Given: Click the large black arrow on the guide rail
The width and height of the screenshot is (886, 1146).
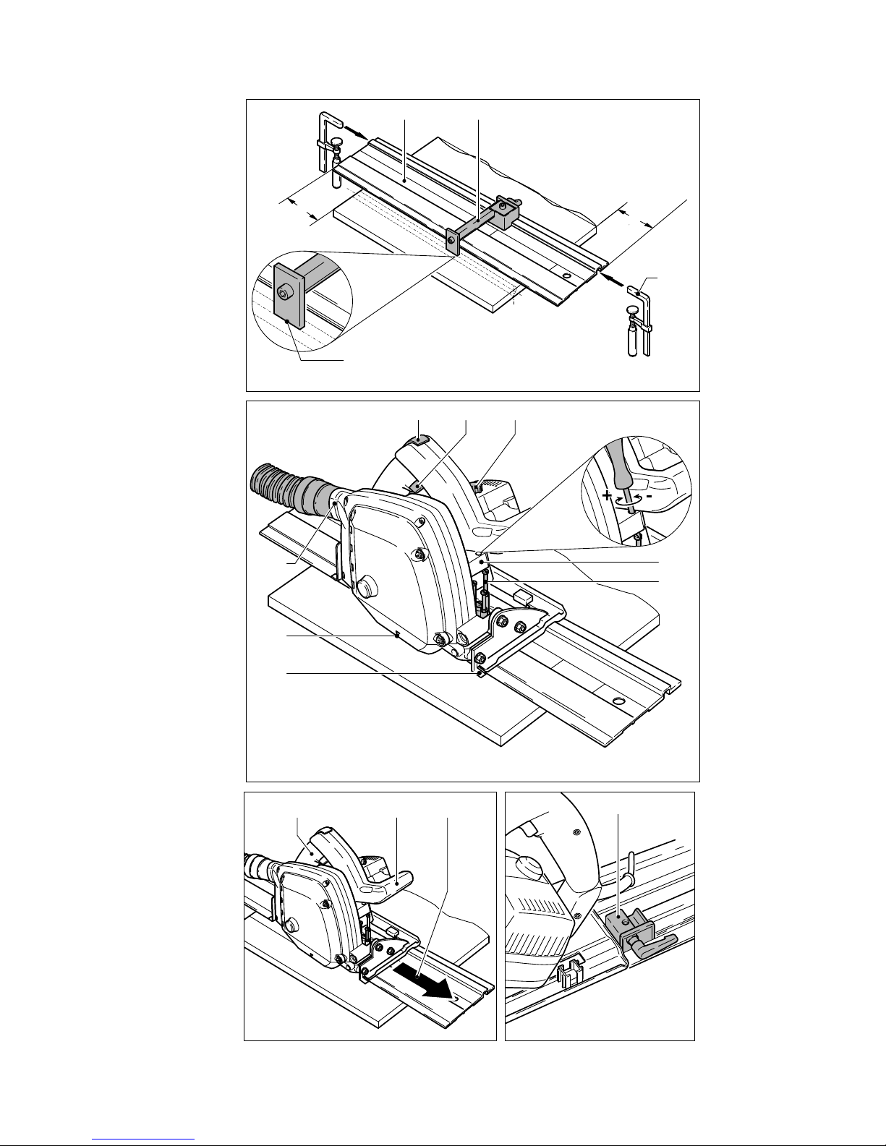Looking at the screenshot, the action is [x=427, y=982].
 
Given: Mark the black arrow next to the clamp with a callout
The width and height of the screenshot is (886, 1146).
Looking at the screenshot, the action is [x=610, y=278].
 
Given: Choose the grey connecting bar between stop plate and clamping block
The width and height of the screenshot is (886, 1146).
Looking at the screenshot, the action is [x=477, y=221].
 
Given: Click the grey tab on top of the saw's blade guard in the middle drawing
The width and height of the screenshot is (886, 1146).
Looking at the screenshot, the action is [x=422, y=439].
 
